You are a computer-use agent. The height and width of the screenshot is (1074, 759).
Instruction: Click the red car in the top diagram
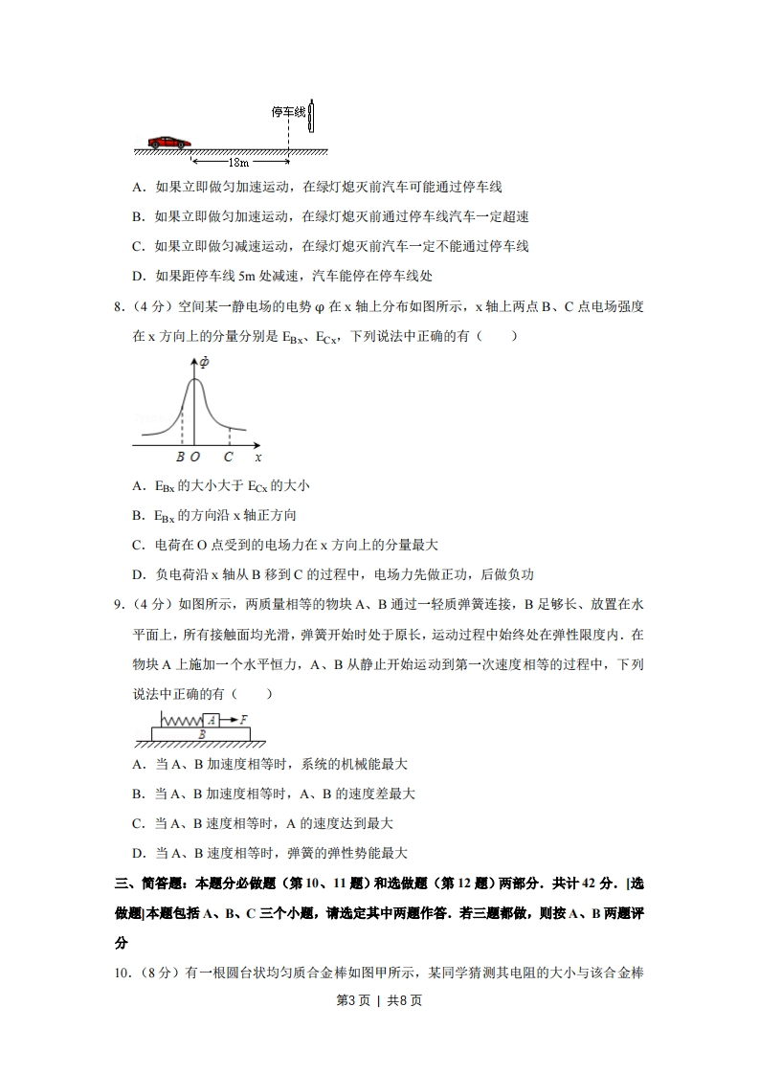(x=169, y=142)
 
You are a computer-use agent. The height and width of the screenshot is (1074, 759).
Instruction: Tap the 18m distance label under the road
(x=238, y=164)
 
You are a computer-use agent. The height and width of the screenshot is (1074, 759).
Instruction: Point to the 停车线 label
(x=288, y=113)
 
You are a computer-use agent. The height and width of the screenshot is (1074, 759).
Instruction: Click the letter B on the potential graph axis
(x=180, y=458)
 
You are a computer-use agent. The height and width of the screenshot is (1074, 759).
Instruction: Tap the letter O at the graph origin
(x=195, y=458)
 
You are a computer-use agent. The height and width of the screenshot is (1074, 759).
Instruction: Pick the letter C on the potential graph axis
(x=229, y=458)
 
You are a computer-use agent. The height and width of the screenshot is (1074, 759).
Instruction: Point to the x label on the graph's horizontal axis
(x=258, y=458)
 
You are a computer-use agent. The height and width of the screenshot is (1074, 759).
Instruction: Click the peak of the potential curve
(x=194, y=380)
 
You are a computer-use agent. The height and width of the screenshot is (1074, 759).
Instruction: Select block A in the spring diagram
(x=211, y=720)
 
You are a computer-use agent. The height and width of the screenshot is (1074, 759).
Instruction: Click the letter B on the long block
(x=201, y=733)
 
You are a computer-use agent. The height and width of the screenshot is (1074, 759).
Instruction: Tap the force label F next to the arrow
(x=244, y=718)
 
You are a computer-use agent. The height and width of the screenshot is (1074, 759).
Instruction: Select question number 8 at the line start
(x=119, y=307)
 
